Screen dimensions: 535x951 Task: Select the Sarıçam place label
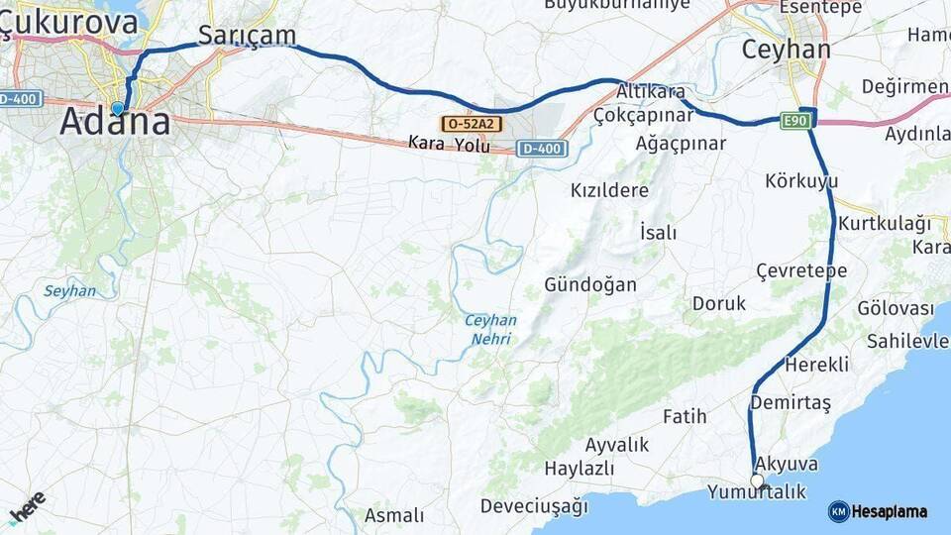pyautogui.click(x=247, y=35)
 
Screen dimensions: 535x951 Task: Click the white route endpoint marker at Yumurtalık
pyautogui.click(x=757, y=481)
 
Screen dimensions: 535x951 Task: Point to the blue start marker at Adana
pyautogui.click(x=118, y=108)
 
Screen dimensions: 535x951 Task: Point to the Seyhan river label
pyautogui.click(x=69, y=291)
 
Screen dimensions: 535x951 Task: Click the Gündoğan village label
pyautogui.click(x=590, y=284)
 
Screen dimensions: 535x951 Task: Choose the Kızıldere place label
pyautogui.click(x=609, y=189)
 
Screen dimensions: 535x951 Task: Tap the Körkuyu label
pyautogui.click(x=801, y=181)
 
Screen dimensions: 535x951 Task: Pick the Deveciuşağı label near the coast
pyautogui.click(x=534, y=506)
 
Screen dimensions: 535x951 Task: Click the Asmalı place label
pyautogui.click(x=394, y=515)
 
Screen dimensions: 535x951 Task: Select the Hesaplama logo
pyautogui.click(x=878, y=511)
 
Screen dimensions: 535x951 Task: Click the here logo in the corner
pyautogui.click(x=27, y=508)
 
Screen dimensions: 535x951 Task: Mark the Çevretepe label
pyautogui.click(x=801, y=270)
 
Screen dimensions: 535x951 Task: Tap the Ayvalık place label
pyautogui.click(x=617, y=444)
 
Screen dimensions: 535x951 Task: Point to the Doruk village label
pyautogui.click(x=719, y=303)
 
